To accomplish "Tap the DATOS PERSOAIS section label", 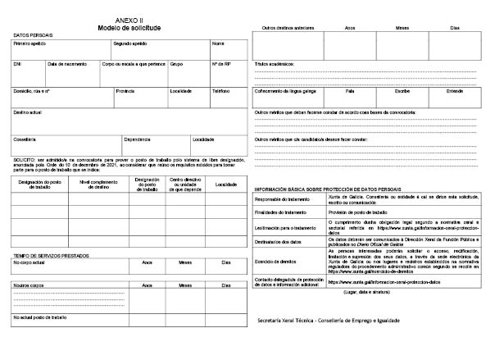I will coord(30,34).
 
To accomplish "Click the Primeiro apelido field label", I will coord(29,43).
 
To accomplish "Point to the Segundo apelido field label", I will coord(129,43).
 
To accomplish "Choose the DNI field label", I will coord(17,63).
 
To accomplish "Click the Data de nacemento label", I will coord(66,63).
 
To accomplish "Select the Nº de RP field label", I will coord(221,63).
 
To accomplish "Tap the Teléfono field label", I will coord(221,91).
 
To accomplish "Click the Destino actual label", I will coord(29,111).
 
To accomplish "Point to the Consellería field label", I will coord(25,139).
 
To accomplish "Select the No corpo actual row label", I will coord(31,262).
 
